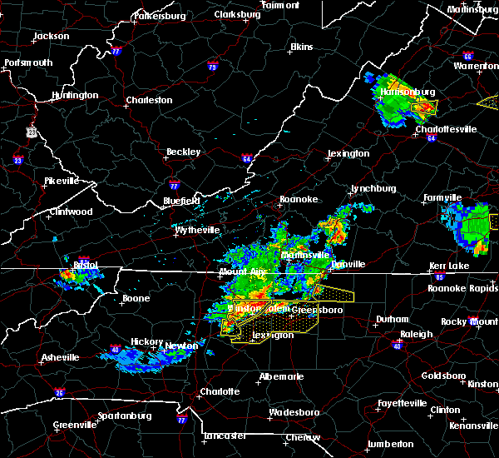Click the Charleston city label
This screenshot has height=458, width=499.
149,101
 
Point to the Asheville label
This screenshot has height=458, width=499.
62,358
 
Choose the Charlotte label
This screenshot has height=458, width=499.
220,391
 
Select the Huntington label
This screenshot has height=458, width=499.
74,95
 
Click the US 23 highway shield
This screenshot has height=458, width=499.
32,132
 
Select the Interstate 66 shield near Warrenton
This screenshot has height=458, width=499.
468,57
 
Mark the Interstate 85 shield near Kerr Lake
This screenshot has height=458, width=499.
440,276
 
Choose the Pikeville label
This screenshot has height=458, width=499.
61,181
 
